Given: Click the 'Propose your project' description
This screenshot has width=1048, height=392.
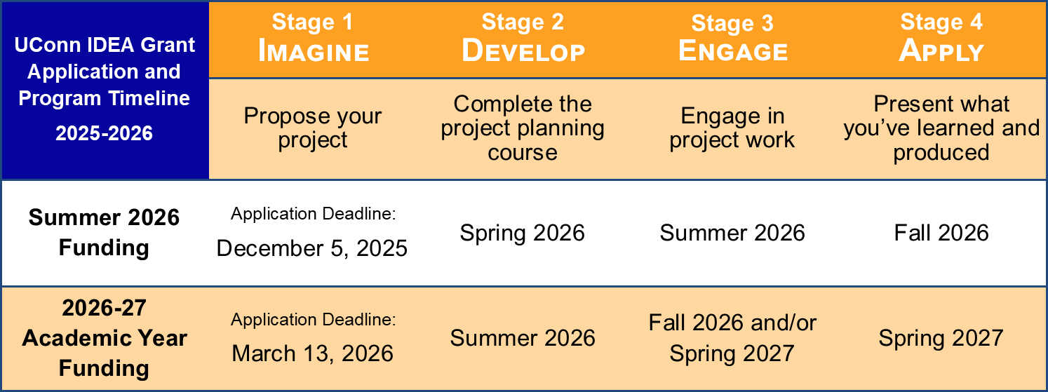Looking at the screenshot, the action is pos(313,128).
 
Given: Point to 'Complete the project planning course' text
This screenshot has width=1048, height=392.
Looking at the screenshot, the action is pos(523,128).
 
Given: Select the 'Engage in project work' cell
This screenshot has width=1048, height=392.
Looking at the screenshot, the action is pos(732,128).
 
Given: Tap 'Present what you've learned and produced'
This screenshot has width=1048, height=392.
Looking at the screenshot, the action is pos(941,128).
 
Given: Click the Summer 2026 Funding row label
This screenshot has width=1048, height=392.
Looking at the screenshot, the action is pos(104,233).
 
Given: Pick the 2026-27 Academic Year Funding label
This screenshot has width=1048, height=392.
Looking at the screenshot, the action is pos(104,338).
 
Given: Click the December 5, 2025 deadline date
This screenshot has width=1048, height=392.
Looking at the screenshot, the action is pos(311,248).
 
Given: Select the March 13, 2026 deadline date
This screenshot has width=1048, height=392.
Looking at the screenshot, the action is pos(313,353).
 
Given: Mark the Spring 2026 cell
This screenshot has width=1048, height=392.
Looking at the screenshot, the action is pos(522,233).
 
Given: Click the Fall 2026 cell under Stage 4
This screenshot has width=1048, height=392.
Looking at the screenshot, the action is pos(941,233).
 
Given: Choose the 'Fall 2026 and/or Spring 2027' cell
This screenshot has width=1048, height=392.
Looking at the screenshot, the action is pos(732,338).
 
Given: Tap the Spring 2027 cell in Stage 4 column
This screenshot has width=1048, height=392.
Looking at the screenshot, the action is pos(941,338).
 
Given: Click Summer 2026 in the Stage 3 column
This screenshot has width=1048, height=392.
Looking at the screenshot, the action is pos(732,233).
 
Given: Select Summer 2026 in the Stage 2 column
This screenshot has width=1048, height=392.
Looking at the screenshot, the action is pos(523,338).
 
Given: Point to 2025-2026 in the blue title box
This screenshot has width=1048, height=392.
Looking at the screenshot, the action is pos(104,133).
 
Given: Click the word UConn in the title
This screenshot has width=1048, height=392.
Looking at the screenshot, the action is pos(41,45).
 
